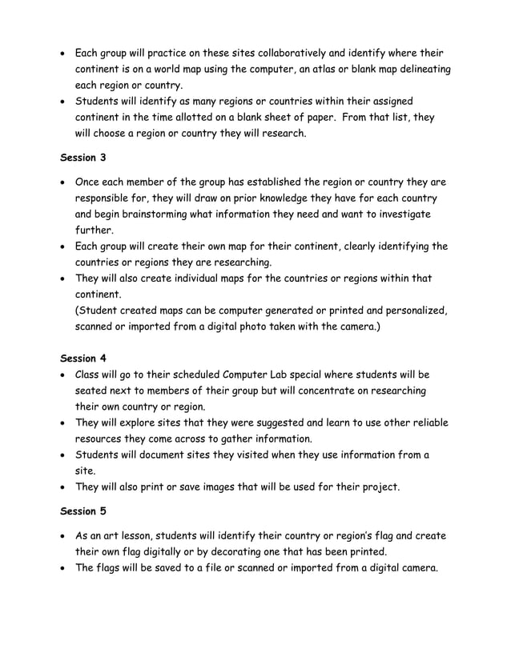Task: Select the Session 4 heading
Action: pos(83,358)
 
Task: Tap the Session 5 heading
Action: pos(83,511)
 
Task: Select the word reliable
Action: pos(424,423)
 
